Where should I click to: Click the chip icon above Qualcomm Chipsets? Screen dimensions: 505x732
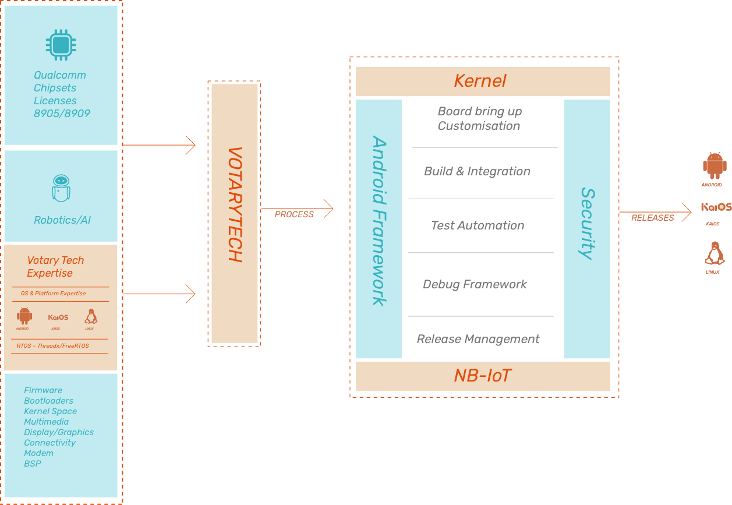[61, 45]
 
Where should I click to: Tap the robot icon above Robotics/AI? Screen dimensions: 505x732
[61, 188]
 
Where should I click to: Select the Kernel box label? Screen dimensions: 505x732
[480, 81]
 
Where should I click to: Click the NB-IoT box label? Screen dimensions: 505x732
[482, 376]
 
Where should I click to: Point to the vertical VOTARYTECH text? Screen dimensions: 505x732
[234, 204]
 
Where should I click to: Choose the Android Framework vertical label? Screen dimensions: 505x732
[379, 221]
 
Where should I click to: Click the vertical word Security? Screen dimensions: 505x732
[587, 223]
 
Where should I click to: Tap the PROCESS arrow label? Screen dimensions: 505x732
[294, 214]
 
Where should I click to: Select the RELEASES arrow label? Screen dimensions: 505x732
[652, 218]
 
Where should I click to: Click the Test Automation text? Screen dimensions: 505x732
[478, 225]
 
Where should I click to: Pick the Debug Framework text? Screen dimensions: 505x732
[475, 284]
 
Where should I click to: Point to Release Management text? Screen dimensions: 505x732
[478, 339]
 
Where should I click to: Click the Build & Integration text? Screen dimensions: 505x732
[477, 171]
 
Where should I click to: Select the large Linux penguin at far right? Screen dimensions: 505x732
[714, 254]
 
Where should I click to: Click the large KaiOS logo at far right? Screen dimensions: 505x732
[716, 207]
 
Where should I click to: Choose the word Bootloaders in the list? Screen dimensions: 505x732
[48, 401]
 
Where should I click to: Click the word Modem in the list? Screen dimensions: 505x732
[38, 453]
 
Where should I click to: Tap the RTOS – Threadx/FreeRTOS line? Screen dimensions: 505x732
[52, 346]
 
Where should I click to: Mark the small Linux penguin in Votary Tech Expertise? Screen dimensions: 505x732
[90, 316]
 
